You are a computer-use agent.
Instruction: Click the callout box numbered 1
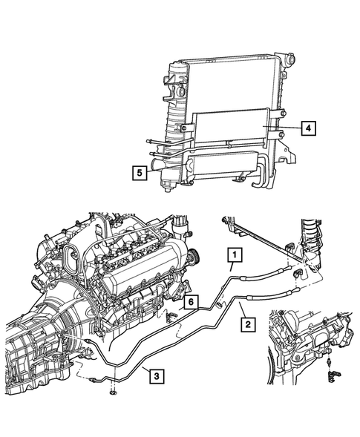coord(235,254)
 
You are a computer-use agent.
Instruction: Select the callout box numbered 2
coord(248,324)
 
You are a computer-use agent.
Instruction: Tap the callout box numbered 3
coord(157,376)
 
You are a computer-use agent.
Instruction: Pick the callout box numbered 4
coord(308,128)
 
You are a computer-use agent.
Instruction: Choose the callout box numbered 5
coord(140,173)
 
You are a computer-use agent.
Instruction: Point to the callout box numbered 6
coord(191,302)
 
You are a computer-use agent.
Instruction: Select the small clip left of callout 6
coord(171,316)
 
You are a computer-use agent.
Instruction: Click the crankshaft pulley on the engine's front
coord(192,257)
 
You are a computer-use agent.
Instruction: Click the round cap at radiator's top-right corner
coord(290,59)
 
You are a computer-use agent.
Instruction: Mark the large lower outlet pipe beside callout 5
coord(157,165)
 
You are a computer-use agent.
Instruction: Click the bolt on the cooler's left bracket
coord(184,128)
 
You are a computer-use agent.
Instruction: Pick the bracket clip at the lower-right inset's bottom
coord(333,375)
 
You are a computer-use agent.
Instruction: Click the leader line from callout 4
coord(282,128)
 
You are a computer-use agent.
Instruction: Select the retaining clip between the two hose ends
coord(296,275)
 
